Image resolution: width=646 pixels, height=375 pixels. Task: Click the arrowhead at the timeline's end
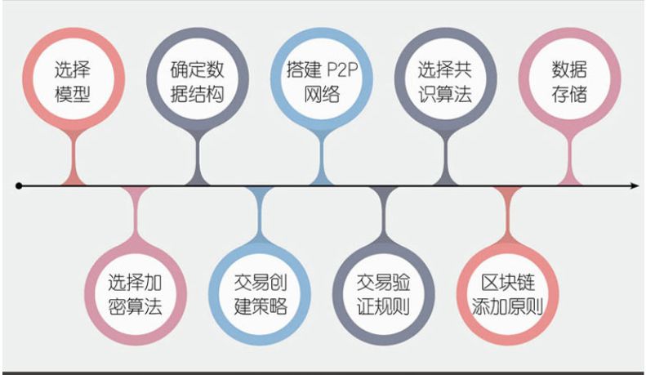click(x=633, y=187)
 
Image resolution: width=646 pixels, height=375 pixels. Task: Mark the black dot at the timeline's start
click(x=20, y=187)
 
